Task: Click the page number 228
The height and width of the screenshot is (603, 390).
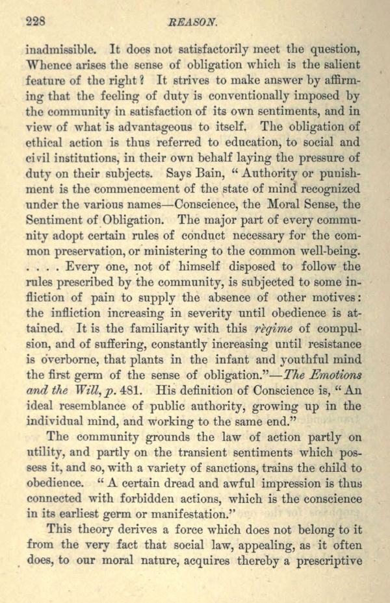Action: coord(35,21)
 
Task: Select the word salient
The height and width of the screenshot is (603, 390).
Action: coord(339,65)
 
